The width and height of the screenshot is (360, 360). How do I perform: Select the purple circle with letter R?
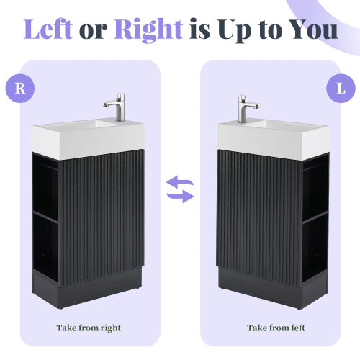(22, 89)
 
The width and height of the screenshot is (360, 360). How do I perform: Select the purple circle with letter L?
(339, 89)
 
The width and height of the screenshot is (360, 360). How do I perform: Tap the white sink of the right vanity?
(274, 136)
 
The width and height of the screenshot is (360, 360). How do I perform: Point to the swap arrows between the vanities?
(180, 189)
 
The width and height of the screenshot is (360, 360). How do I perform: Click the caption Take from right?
(89, 328)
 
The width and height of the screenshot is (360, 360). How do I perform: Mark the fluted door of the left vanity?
(101, 216)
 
